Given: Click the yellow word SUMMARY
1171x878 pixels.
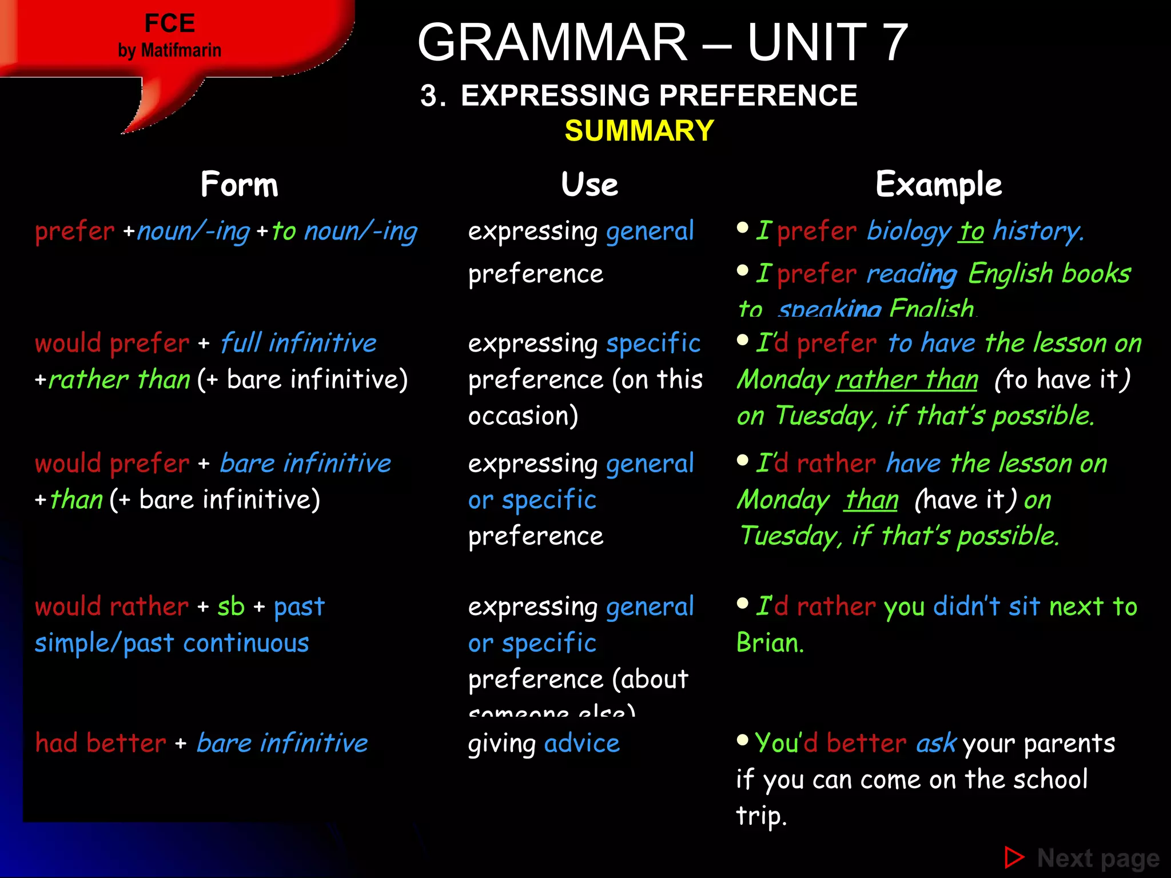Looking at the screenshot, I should (639, 131).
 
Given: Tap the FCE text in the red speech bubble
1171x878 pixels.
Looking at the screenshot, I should (170, 23).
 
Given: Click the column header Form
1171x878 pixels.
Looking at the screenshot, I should (240, 185).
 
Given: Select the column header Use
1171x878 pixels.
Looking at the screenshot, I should (590, 185).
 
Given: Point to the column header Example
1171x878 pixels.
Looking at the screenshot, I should (939, 185).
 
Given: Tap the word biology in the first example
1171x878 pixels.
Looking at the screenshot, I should (909, 231).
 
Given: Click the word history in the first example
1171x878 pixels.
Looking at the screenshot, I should (1037, 231).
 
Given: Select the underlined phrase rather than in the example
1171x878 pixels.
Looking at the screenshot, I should (907, 380).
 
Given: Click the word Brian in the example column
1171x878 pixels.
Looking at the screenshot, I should (770, 643).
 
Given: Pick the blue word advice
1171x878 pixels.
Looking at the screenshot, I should (582, 743).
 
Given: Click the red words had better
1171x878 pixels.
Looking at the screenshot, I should (101, 743).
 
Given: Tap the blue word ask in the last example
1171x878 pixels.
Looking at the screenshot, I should (936, 743).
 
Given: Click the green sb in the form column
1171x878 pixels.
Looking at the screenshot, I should (231, 606).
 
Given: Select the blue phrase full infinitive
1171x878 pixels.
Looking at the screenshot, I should (298, 343).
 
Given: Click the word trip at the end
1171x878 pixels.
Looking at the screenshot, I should (761, 816).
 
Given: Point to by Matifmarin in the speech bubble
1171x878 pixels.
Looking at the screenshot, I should (170, 50).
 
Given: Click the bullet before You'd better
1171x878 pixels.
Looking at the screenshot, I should (743, 740).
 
